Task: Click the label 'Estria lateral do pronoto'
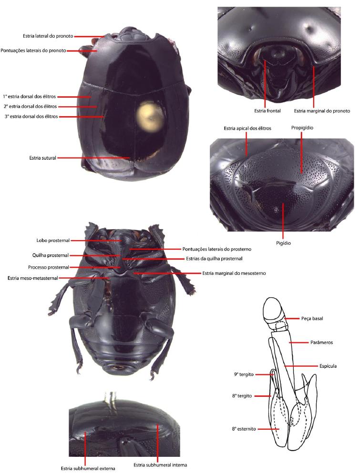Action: point(48,36)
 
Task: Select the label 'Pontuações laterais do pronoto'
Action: point(33,50)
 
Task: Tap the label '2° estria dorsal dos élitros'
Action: point(30,107)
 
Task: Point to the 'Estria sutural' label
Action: point(43,158)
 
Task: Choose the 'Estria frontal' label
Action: point(267,111)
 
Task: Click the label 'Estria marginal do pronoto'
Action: point(322,111)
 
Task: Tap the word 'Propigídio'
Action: point(302,128)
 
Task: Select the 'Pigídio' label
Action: point(283,243)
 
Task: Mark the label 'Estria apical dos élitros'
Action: point(247,129)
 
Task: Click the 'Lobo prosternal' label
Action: point(53,241)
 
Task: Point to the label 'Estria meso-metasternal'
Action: point(32,278)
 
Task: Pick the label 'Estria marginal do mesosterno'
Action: point(234,273)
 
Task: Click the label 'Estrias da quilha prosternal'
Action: point(214,259)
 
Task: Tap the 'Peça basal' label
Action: point(312,319)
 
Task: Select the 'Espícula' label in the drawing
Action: point(328,366)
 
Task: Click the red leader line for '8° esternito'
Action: point(268,429)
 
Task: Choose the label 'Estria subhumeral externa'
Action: point(88,469)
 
